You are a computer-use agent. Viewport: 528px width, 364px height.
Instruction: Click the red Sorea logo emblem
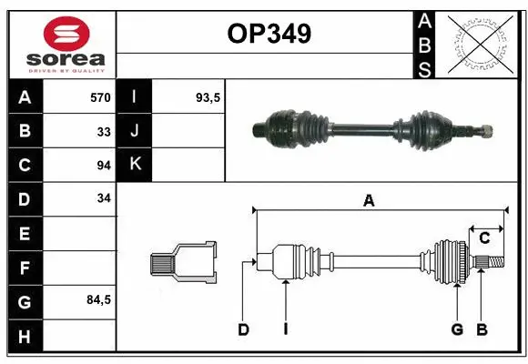[x=66, y=34]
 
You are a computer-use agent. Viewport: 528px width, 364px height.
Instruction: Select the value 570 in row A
[x=99, y=97]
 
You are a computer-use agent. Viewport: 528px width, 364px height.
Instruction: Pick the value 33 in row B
[x=104, y=132]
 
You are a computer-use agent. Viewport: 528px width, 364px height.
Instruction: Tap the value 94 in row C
[x=104, y=166]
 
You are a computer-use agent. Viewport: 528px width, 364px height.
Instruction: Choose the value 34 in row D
[x=104, y=198]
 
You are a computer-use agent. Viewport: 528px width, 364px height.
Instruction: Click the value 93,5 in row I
[x=209, y=97]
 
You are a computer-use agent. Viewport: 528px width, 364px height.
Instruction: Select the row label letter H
[x=25, y=337]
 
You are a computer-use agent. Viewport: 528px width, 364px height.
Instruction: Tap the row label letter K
[x=135, y=165]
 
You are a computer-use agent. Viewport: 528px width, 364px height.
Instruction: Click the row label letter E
[x=25, y=233]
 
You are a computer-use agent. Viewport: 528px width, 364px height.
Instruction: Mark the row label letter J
[x=135, y=132]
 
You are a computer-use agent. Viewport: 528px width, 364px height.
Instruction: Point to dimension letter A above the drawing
[x=369, y=201]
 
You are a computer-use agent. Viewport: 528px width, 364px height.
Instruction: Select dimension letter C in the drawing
[x=485, y=238]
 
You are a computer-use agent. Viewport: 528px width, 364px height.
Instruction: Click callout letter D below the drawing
[x=243, y=329]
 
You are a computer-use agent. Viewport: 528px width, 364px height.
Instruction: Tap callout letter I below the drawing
[x=285, y=329]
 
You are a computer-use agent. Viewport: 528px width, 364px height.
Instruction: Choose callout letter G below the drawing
[x=457, y=329]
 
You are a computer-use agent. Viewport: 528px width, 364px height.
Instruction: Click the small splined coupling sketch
[x=183, y=262]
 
